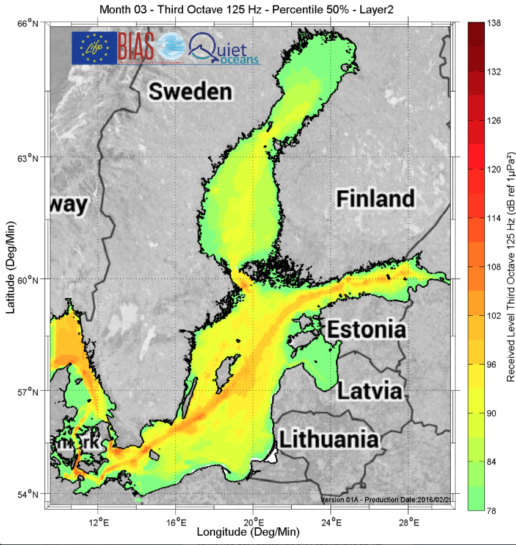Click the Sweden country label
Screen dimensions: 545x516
point(191,92)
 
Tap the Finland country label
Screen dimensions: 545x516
point(376,198)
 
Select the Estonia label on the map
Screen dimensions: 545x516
point(366,330)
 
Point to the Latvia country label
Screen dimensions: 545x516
point(370,390)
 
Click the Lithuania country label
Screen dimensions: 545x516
point(328,439)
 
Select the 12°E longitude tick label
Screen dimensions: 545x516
point(98,522)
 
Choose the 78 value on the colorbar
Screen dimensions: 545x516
point(492,510)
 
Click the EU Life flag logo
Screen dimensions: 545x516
point(93,48)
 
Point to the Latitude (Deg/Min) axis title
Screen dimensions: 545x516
point(10,268)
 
